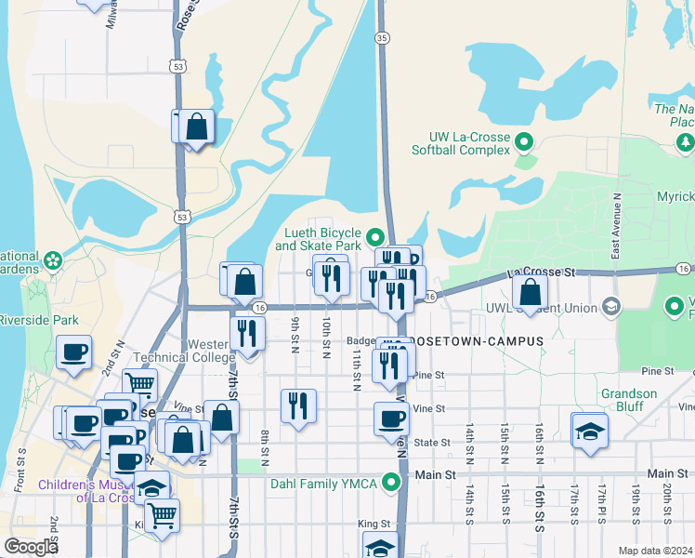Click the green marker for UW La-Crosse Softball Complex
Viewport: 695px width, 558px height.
(523, 143)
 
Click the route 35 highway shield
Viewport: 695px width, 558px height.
(382, 38)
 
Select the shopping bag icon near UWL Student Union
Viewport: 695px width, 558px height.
(529, 292)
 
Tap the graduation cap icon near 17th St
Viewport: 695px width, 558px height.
(589, 431)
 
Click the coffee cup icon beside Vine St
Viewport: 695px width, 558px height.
(391, 418)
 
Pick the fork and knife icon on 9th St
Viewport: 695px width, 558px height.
(298, 405)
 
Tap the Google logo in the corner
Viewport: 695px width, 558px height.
(31, 547)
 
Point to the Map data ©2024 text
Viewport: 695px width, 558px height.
(655, 551)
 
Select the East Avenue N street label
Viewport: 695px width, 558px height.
(616, 226)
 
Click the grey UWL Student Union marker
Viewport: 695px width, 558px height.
(611, 305)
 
